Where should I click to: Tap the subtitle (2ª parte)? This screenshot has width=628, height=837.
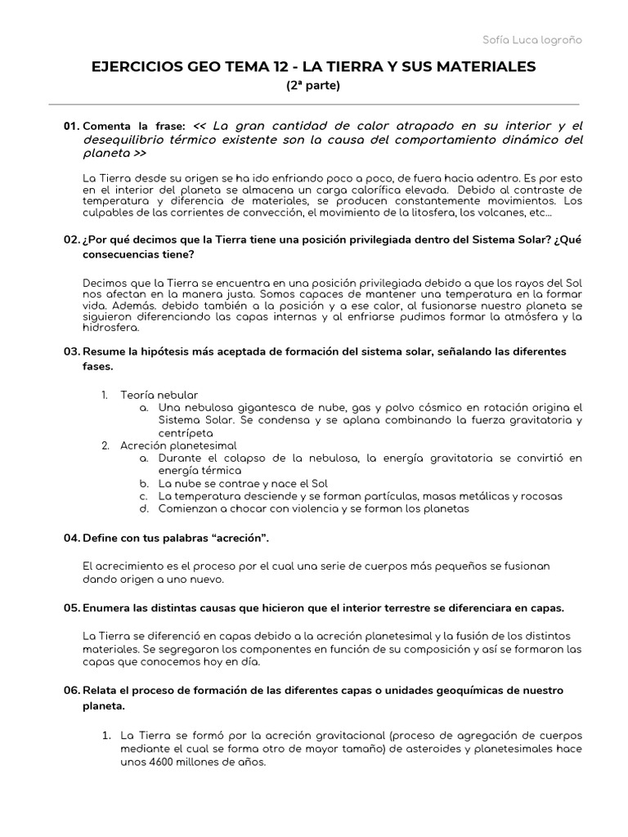313,85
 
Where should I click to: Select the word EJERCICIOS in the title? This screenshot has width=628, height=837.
137,66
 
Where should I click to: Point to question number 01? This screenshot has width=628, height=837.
71,127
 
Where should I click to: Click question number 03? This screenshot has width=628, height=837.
71,351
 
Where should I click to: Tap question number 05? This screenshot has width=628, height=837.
71,609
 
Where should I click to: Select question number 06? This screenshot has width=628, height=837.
71,691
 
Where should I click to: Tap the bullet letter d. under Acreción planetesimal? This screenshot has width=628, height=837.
142,508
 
